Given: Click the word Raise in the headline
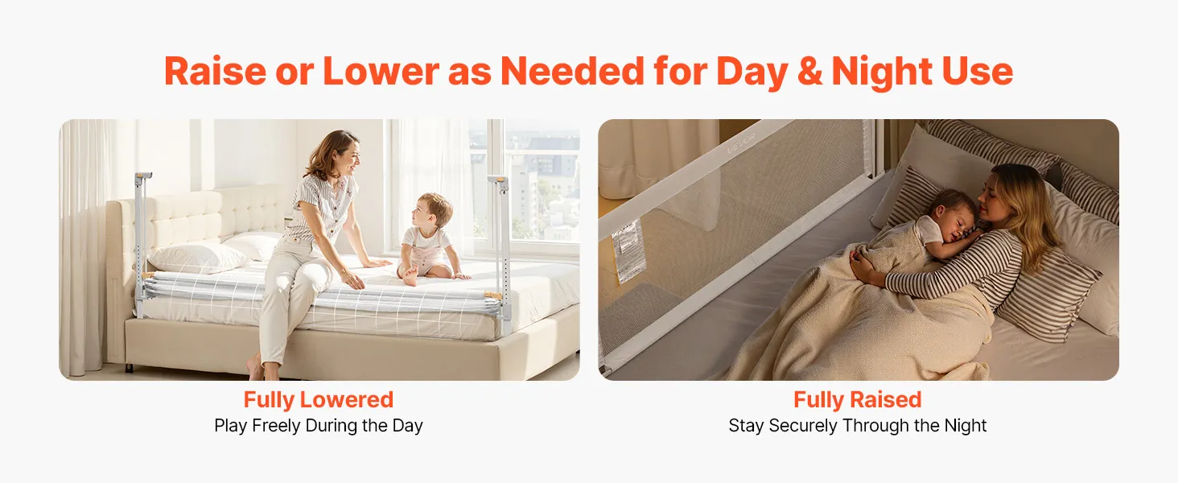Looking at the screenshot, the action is [215, 71].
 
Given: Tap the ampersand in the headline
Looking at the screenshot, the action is [809, 72].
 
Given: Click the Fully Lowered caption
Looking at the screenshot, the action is [318, 400].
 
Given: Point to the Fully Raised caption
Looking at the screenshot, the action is [857, 400].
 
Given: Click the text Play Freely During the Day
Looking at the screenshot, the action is [318, 425].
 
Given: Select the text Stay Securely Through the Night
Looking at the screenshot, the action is [857, 425].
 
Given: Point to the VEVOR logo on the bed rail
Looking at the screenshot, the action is [741, 143].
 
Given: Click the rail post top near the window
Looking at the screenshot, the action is [498, 180].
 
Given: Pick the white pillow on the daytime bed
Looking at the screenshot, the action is [199, 258].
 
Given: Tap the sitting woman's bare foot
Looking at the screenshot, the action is [256, 368].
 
